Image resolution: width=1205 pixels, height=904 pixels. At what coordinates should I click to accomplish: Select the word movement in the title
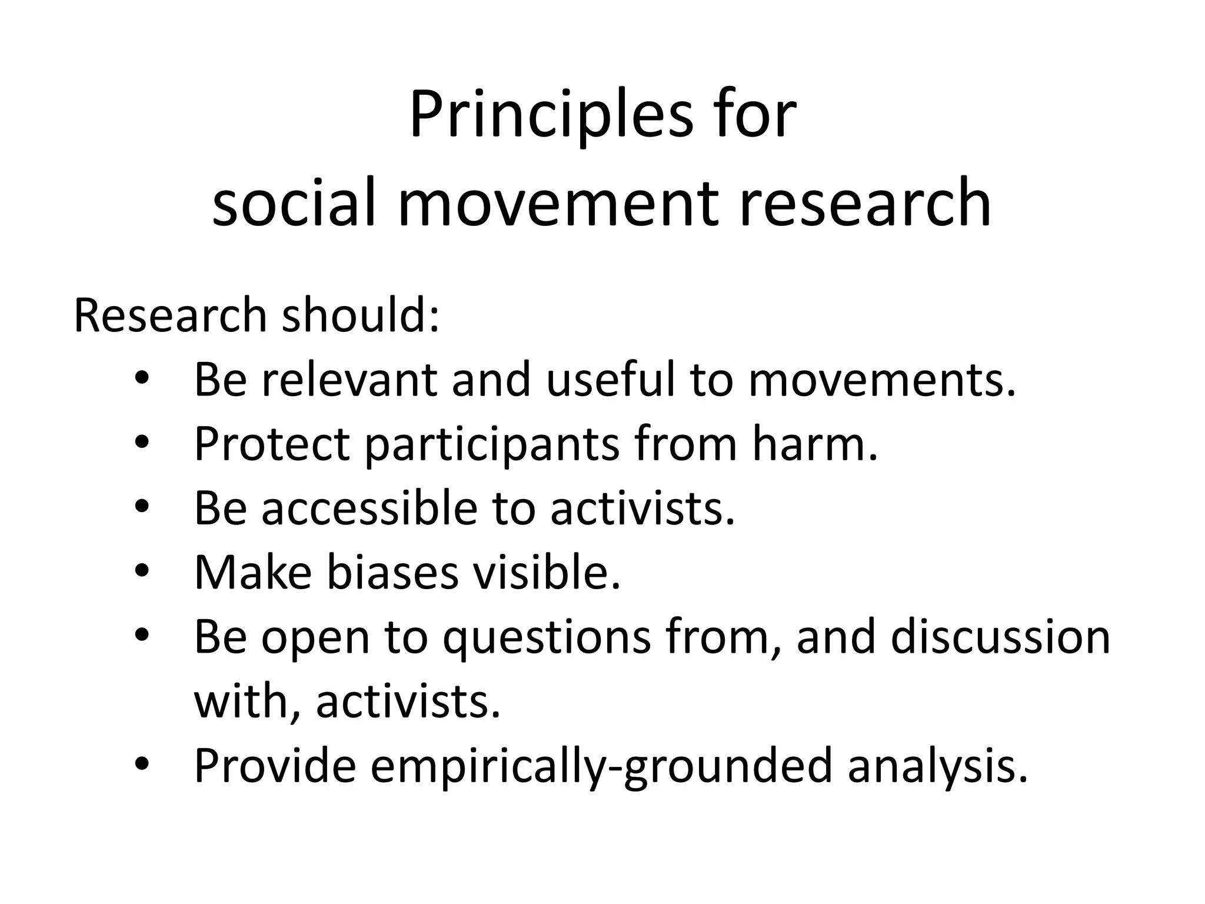559,203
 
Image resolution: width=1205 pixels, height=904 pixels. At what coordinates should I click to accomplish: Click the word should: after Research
360,316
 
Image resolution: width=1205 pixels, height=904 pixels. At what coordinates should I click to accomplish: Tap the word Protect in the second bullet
271,444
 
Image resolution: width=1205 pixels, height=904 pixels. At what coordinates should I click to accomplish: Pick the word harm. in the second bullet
814,444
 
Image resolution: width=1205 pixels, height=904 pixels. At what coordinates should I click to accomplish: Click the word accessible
370,508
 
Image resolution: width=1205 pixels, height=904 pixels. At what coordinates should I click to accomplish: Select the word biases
392,573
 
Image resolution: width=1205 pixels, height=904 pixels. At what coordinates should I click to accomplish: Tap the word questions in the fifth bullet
547,638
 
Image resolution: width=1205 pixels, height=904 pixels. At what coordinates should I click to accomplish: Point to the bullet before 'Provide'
143,765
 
